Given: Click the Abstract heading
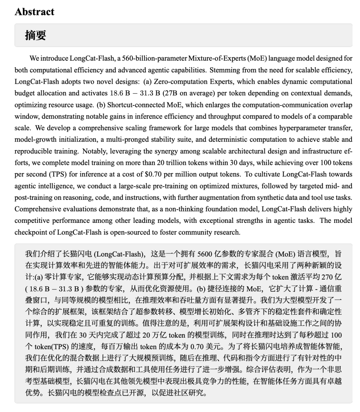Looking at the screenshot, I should (x=34, y=12).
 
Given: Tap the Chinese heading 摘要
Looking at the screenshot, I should (x=35, y=35).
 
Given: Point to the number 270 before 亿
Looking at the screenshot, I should (x=328, y=277).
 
